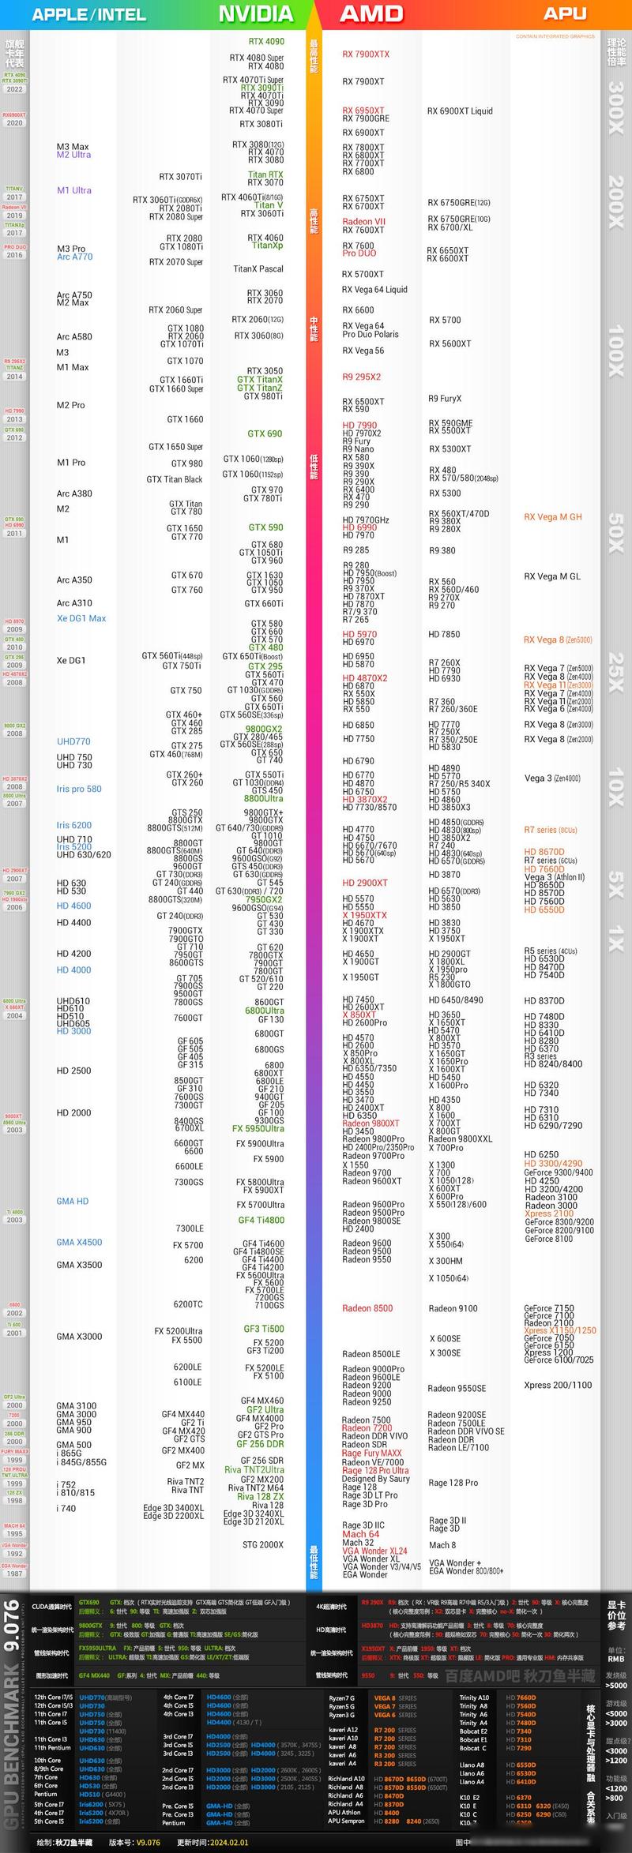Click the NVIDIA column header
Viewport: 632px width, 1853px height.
coord(255,13)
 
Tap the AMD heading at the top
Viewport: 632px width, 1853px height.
coord(371,13)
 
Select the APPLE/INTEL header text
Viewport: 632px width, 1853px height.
coord(88,14)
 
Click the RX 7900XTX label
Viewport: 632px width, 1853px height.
coord(366,54)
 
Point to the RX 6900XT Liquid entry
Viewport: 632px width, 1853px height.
coord(460,111)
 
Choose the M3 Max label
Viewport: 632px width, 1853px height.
coord(73,147)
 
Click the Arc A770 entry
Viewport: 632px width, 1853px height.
coord(74,257)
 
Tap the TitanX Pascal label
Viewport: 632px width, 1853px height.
coord(258,269)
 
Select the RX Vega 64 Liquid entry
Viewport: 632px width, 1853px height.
coord(374,290)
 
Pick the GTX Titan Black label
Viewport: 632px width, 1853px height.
coord(175,479)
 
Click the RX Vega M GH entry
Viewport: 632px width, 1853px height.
coord(553,517)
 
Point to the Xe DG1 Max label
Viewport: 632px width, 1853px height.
coord(81,618)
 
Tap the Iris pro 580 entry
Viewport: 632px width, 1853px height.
coord(79,789)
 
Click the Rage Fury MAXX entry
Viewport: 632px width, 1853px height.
coord(371,1453)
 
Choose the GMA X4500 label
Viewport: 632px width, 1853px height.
coord(79,1242)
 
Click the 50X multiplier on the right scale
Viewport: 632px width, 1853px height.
coord(616,533)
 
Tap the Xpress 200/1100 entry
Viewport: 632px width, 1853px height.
coord(558,1385)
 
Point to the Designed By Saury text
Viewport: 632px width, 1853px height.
coord(375,1479)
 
